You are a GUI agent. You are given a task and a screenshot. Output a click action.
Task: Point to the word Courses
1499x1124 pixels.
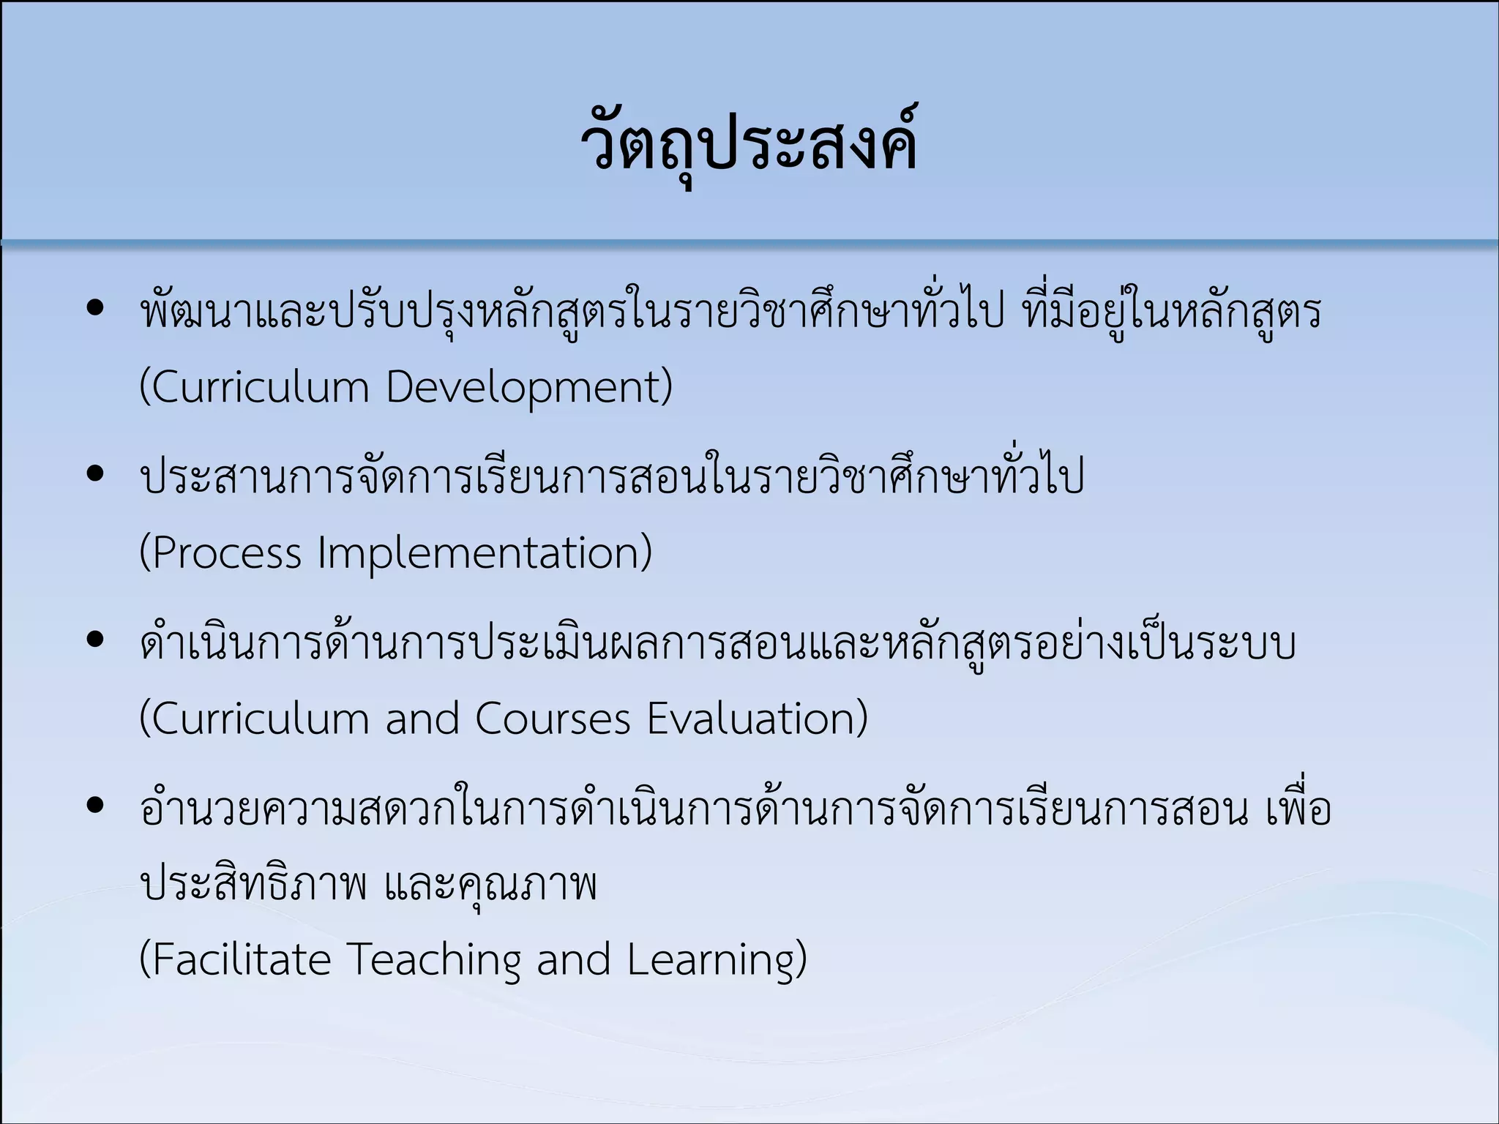coord(553,719)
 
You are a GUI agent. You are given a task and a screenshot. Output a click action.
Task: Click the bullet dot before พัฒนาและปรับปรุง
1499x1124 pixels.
coord(95,308)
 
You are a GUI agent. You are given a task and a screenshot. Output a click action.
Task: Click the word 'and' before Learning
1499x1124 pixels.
coord(574,959)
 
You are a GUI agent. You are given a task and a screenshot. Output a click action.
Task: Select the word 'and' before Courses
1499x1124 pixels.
coord(422,719)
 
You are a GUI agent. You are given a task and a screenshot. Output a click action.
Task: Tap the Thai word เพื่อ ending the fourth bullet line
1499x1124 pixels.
coord(1298,809)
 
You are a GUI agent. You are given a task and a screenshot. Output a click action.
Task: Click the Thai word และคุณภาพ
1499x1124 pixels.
coord(490,884)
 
